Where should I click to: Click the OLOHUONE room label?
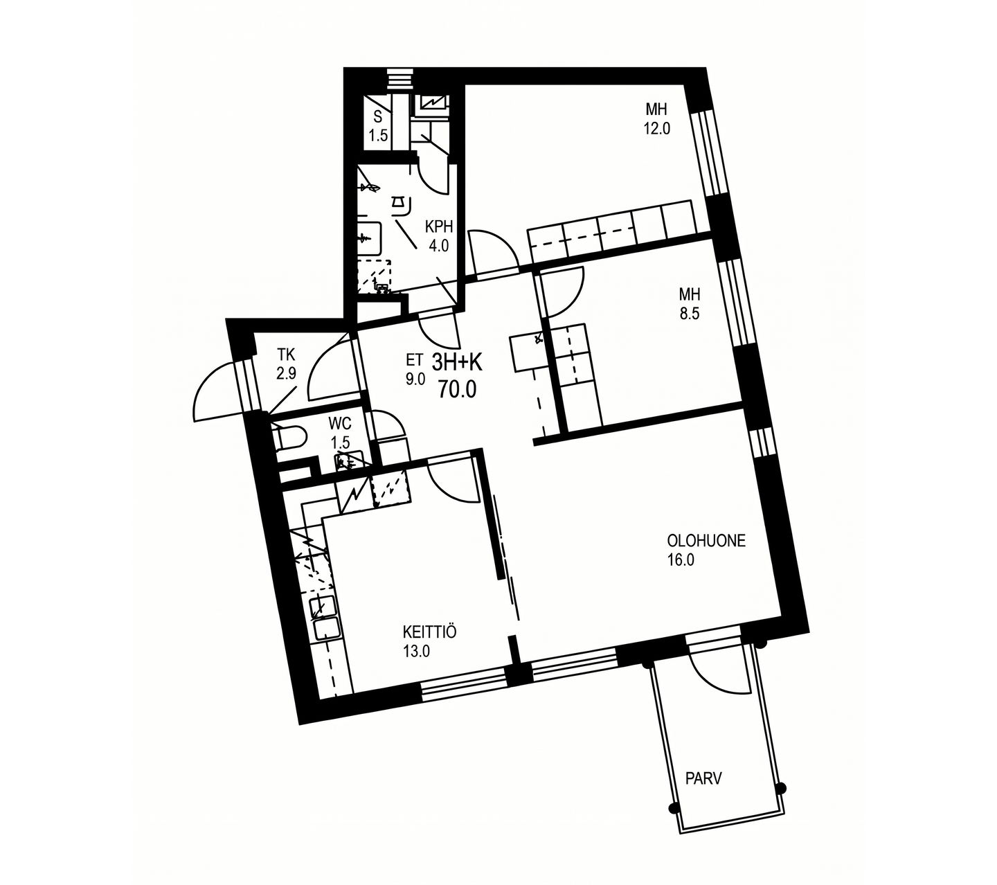(x=706, y=541)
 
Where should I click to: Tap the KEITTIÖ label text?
(x=429, y=632)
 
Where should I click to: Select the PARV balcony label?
(x=703, y=778)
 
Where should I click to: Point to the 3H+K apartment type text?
(x=457, y=363)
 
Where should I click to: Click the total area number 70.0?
(x=457, y=390)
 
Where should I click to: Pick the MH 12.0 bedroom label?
(x=656, y=118)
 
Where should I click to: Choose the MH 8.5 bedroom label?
(x=690, y=304)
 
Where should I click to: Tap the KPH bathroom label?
(x=438, y=226)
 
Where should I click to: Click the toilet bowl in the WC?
(x=289, y=436)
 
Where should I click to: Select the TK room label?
(x=285, y=354)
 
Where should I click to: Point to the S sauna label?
(x=377, y=116)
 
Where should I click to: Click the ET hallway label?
(x=414, y=360)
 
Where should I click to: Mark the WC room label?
(x=340, y=423)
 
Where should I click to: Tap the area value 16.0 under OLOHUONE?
(x=681, y=560)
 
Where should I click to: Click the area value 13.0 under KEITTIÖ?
(x=416, y=652)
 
